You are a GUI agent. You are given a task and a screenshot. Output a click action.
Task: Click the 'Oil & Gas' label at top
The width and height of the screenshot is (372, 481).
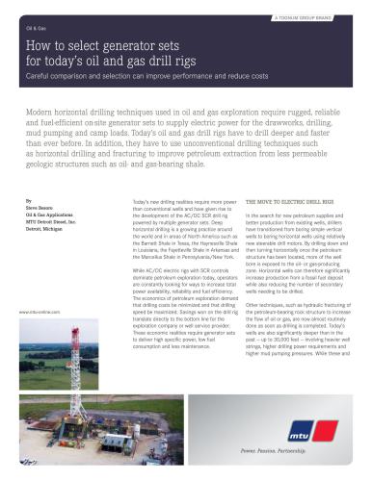pos(36,29)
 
